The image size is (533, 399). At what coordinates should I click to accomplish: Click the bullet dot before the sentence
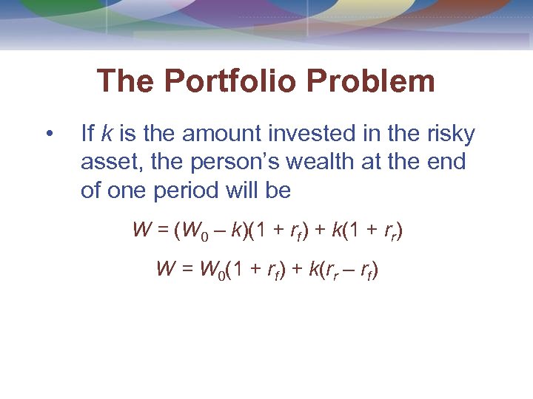[49, 134]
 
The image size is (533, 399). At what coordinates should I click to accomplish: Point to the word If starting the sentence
[87, 134]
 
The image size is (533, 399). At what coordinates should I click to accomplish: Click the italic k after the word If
[107, 134]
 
